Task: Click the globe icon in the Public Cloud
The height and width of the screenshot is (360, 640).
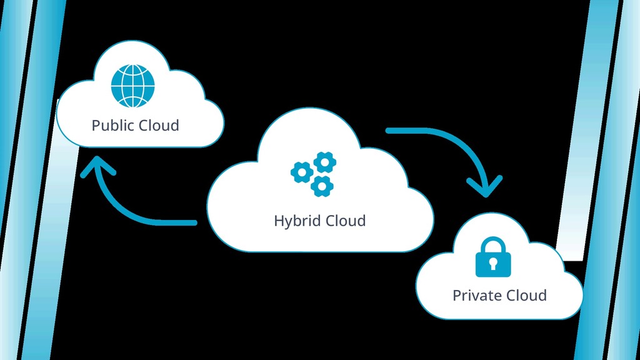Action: pyautogui.click(x=132, y=86)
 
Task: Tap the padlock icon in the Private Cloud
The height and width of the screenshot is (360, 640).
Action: pyautogui.click(x=493, y=257)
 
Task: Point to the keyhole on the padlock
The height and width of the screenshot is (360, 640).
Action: pyautogui.click(x=493, y=263)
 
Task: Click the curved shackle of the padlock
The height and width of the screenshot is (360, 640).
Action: pyautogui.click(x=493, y=244)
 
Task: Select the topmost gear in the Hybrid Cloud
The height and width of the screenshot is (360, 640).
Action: pyautogui.click(x=324, y=162)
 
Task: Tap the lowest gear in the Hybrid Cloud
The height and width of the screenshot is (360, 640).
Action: pyautogui.click(x=322, y=185)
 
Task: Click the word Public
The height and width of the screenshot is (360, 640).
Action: pyautogui.click(x=112, y=126)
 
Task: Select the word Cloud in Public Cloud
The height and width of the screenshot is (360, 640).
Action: pyautogui.click(x=159, y=125)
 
